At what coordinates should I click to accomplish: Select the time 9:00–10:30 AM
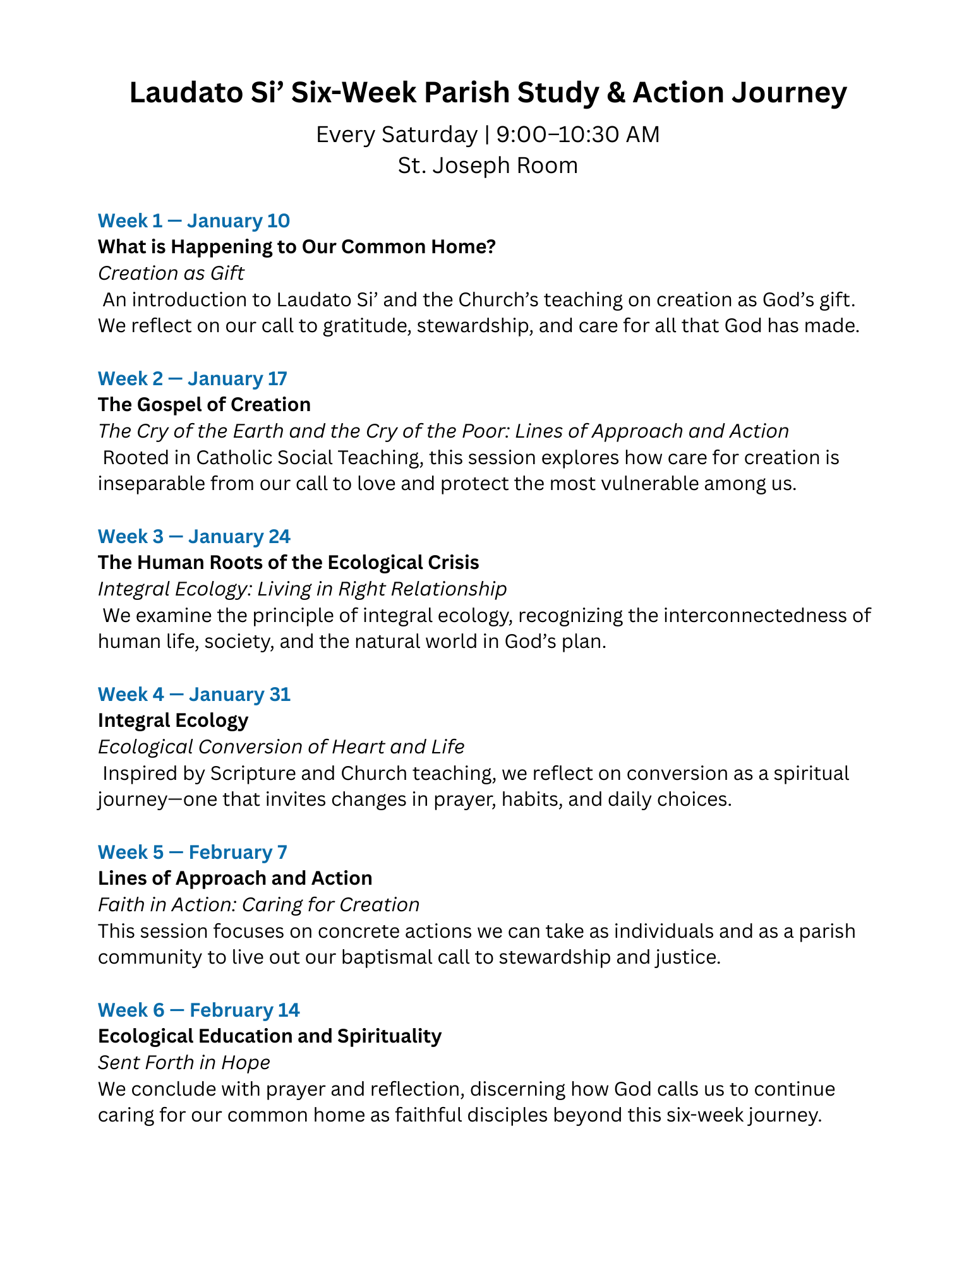coord(577,135)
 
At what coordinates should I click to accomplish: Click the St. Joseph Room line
coord(488,165)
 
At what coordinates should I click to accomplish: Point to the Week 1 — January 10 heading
coord(193,220)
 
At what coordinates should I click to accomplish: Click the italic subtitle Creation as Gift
coord(171,273)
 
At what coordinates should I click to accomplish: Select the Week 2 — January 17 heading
coord(192,378)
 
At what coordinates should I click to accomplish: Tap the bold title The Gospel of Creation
coord(204,405)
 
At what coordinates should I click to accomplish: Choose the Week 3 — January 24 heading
coord(194,536)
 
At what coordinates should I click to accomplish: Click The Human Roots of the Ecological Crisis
coord(288,563)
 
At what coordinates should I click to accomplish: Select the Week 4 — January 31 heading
coord(194,694)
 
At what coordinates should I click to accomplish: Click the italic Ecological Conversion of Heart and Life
coord(281,747)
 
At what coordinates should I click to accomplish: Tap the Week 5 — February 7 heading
coord(192,852)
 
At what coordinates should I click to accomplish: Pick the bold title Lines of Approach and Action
coord(235,878)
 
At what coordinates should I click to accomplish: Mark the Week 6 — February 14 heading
coord(198,1010)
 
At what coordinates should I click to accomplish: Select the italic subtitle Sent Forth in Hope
coord(184,1063)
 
